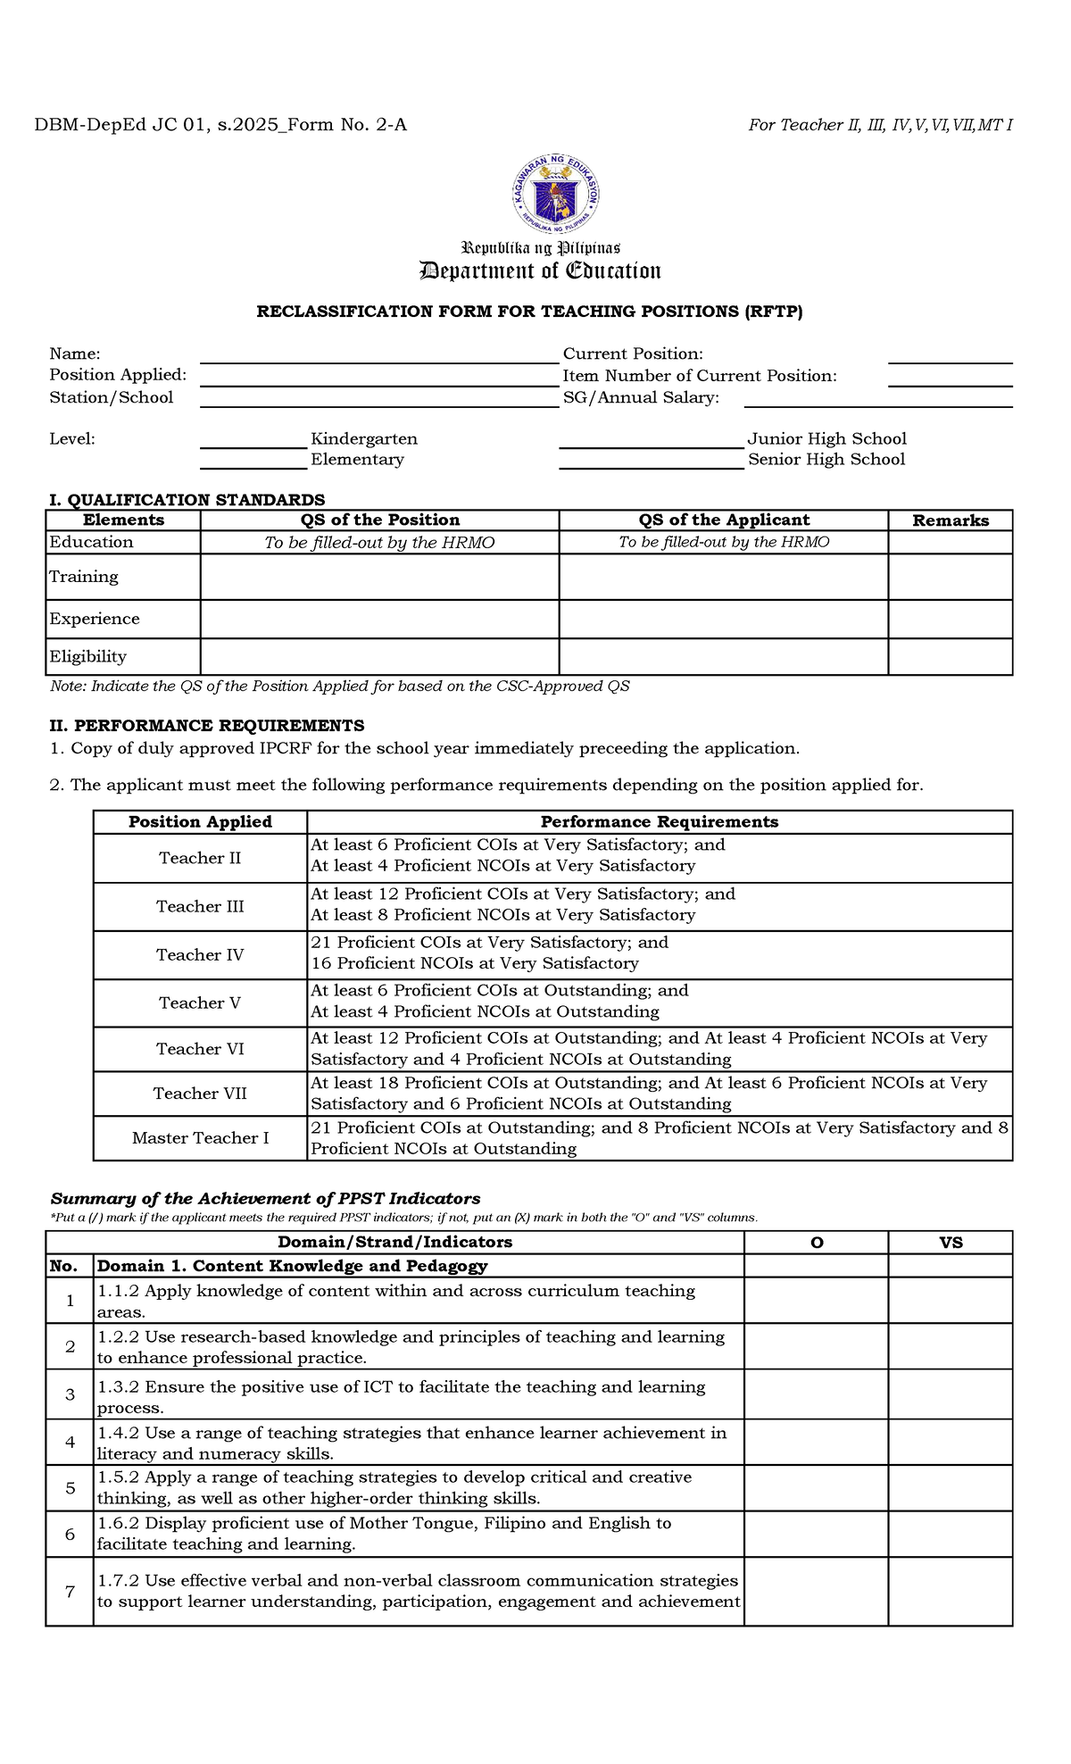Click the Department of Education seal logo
555,194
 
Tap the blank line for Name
378,355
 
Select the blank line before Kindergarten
253,440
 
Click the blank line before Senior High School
651,461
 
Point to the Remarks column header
950,520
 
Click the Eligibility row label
88,656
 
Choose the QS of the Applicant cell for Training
723,577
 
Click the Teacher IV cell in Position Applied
200,955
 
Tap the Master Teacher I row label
200,1138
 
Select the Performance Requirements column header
659,822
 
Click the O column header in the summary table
816,1243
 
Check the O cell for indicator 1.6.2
816,1534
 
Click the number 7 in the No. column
70,1591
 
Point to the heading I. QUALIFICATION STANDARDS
187,500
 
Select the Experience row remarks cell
950,620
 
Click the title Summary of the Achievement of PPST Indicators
265,1199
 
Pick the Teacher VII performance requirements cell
659,1094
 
